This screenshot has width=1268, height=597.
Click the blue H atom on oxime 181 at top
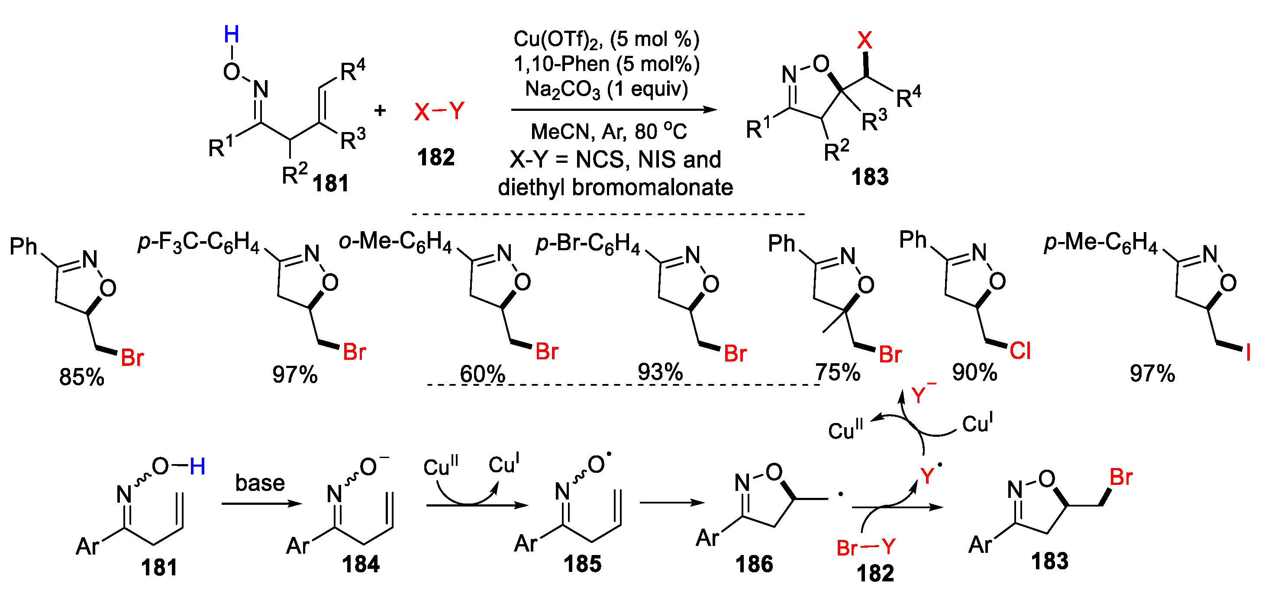coord(231,35)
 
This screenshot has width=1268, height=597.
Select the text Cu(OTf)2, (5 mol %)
coord(606,40)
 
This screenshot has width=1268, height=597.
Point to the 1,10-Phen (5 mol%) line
coord(606,65)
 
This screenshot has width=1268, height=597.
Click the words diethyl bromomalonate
coord(615,187)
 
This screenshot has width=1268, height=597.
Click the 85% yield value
coord(82,377)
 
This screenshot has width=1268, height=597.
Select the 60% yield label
coord(482,374)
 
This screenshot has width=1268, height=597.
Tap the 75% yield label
coord(837,373)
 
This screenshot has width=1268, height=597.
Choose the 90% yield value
coord(974,373)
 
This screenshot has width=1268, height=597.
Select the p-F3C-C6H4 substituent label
coord(198,242)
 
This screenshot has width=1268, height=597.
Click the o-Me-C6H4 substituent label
coord(395,242)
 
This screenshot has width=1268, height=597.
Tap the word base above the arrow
coord(260,483)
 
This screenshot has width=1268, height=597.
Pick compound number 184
coord(361,564)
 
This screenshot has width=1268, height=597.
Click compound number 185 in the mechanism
coord(582,564)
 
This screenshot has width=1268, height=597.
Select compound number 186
coord(754,564)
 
